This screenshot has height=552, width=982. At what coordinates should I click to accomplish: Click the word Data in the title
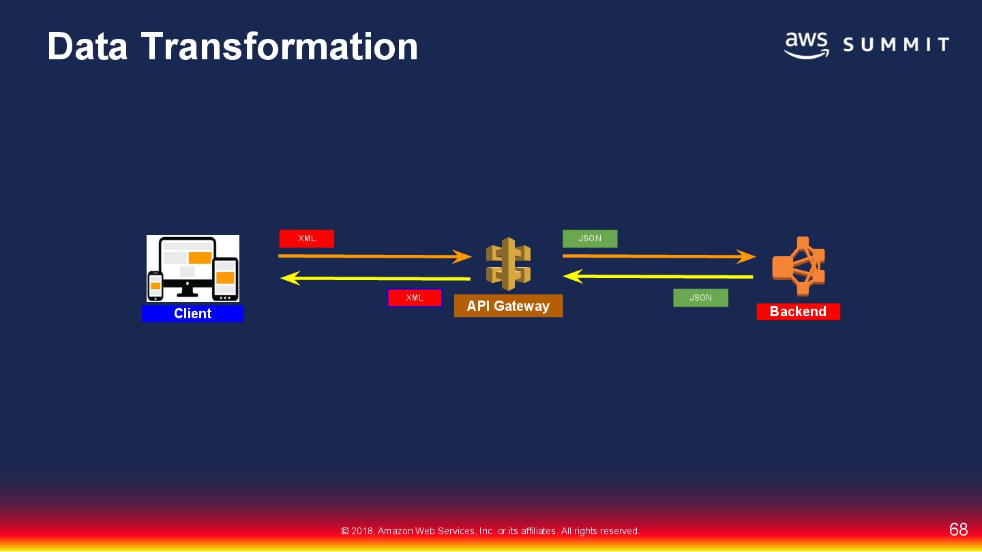(x=87, y=46)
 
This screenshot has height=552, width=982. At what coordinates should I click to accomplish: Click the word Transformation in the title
(x=280, y=46)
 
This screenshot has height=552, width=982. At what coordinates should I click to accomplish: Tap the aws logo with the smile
(x=806, y=45)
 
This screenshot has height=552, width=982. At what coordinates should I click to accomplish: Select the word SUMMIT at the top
(x=896, y=46)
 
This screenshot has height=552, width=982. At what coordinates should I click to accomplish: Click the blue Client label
(x=192, y=313)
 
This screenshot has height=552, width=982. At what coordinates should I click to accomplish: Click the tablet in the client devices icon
(x=225, y=278)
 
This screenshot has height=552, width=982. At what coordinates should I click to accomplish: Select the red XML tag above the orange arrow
(x=307, y=239)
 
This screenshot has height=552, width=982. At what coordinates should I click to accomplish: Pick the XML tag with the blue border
(x=415, y=298)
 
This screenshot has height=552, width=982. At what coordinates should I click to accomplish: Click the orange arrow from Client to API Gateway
(x=374, y=256)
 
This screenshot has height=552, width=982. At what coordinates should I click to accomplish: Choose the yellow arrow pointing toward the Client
(x=375, y=278)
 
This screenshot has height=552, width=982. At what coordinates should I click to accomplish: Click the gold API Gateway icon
(x=508, y=264)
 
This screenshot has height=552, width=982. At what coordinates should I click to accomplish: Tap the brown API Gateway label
(x=508, y=306)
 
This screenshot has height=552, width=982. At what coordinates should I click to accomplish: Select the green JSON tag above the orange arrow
(x=590, y=239)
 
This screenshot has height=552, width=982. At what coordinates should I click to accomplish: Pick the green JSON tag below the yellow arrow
(x=700, y=298)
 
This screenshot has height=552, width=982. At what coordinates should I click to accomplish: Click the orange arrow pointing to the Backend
(x=659, y=256)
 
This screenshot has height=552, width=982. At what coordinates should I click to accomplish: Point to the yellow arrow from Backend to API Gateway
(x=657, y=277)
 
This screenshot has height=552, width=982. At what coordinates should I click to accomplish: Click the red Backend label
(x=798, y=311)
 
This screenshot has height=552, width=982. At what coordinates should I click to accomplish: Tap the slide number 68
(x=958, y=530)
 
